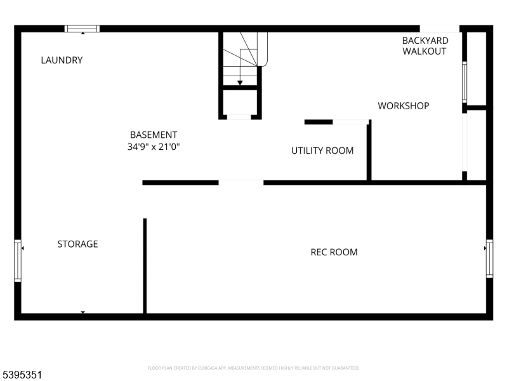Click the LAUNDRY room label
tap(62, 60)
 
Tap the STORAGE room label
tap(77, 244)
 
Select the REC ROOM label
tap(334, 252)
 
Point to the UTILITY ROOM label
tap(322, 150)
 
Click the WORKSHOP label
tap(403, 105)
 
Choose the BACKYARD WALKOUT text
tap(425, 46)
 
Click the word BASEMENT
tap(154, 135)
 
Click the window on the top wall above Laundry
tap(82, 29)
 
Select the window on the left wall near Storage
tap(18, 260)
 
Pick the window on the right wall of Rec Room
tap(489, 258)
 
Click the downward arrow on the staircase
tap(240, 82)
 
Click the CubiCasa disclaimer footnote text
tap(253, 368)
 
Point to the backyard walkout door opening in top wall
tap(439, 29)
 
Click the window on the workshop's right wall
tap(464, 82)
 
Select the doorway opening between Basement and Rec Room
tap(241, 183)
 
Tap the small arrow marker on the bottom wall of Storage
tap(82, 312)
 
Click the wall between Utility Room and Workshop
tap(369, 151)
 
